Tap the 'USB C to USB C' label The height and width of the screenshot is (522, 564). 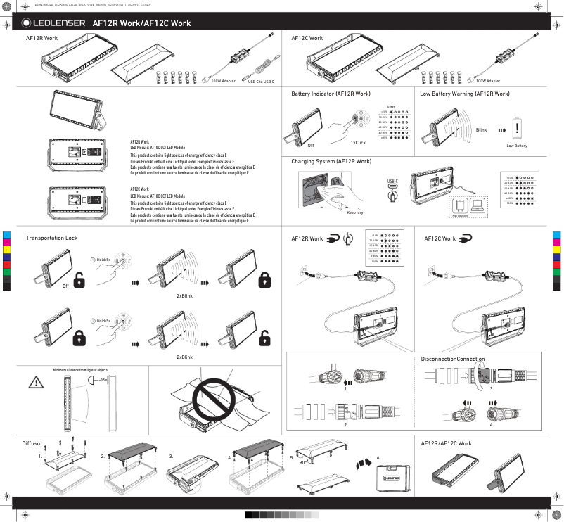coord(261,82)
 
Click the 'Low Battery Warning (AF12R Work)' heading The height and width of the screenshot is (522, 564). coord(465,93)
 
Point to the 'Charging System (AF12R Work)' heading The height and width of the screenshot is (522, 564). coord(331,161)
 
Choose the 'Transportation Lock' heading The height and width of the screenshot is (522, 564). coord(51,238)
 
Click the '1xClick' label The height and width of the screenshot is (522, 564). coord(358,142)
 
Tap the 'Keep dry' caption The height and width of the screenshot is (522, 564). coord(355,212)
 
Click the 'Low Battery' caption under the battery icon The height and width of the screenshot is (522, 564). coord(517,146)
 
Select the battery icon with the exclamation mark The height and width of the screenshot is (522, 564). coord(517,129)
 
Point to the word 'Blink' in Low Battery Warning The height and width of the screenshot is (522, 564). coord(481,131)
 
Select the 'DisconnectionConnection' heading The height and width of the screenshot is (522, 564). coord(453,359)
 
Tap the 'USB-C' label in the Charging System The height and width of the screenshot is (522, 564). coord(392,181)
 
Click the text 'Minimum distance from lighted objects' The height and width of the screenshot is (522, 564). coord(80,369)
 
